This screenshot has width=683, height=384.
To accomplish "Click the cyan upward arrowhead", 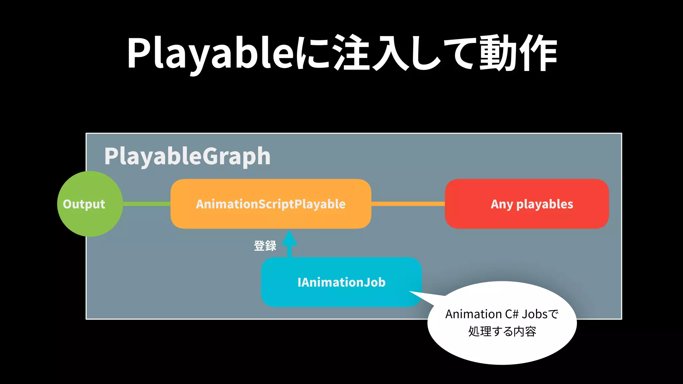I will (289, 238).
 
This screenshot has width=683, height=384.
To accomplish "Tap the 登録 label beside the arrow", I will (265, 246).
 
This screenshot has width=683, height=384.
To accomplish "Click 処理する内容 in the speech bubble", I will (502, 332).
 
